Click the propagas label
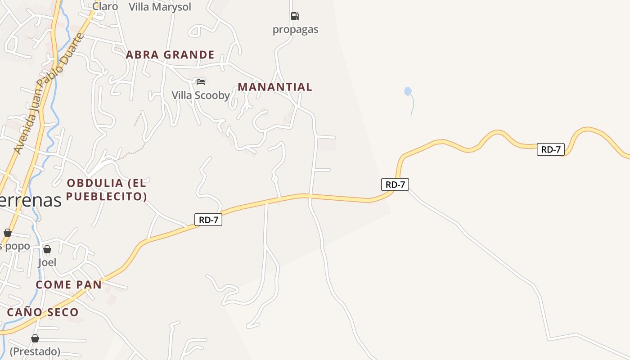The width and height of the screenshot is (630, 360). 295,30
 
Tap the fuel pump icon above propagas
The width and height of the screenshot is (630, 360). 295,16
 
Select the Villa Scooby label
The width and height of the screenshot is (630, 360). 201,95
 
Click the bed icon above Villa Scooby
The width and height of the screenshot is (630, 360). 201,81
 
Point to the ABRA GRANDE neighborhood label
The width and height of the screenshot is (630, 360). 170,55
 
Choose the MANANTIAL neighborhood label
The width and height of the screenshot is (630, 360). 275,87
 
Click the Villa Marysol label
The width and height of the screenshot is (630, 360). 160,7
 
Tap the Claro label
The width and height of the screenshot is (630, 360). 105,6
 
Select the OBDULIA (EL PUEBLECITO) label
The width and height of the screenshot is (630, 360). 107,189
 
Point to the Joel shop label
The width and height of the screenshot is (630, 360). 47,262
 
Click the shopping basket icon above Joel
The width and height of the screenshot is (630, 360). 47,249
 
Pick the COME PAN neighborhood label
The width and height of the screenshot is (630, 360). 69,285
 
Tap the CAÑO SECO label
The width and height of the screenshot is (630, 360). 43,312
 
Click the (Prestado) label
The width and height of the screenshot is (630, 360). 35,351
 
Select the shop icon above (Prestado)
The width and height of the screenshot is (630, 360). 35,338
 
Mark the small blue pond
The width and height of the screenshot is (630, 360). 408,91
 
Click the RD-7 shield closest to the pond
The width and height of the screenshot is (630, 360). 395,184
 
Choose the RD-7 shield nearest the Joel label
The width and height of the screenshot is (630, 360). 208,220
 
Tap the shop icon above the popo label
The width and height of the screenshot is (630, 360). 8,233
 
